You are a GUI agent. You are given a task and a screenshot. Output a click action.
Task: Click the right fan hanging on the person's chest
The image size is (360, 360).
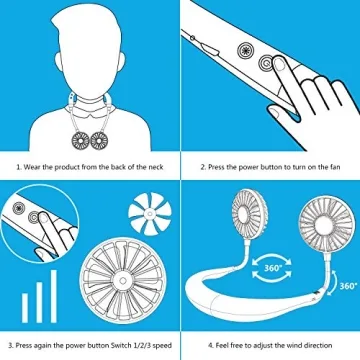tap(98, 130)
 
